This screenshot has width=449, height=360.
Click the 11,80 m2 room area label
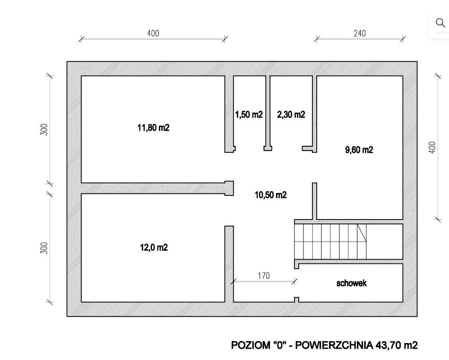pyautogui.click(x=153, y=128)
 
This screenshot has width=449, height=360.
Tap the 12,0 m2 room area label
pyautogui.click(x=153, y=247)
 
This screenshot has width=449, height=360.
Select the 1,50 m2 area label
pyautogui.click(x=249, y=114)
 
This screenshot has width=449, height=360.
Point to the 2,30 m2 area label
pyautogui.click(x=291, y=114)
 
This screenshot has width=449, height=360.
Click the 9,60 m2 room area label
pyautogui.click(x=359, y=150)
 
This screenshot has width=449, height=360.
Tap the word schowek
pyautogui.click(x=351, y=283)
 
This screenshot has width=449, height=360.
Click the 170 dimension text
pyautogui.click(x=264, y=276)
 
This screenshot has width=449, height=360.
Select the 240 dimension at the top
pyautogui.click(x=359, y=33)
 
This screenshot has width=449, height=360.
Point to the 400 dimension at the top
pyautogui.click(x=153, y=33)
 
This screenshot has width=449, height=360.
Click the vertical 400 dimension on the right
pyautogui.click(x=432, y=147)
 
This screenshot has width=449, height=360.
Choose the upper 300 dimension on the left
pyautogui.click(x=44, y=130)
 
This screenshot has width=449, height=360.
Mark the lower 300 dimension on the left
pyautogui.click(x=44, y=248)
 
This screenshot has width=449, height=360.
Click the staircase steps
pyautogui.click(x=326, y=242)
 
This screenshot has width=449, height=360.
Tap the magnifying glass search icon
pyautogui.click(x=440, y=23)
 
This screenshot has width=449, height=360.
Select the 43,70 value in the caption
pyautogui.click(x=389, y=345)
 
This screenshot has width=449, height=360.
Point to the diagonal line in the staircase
pyautogui.click(x=362, y=233)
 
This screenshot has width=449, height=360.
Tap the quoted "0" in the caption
pyautogui.click(x=279, y=345)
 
